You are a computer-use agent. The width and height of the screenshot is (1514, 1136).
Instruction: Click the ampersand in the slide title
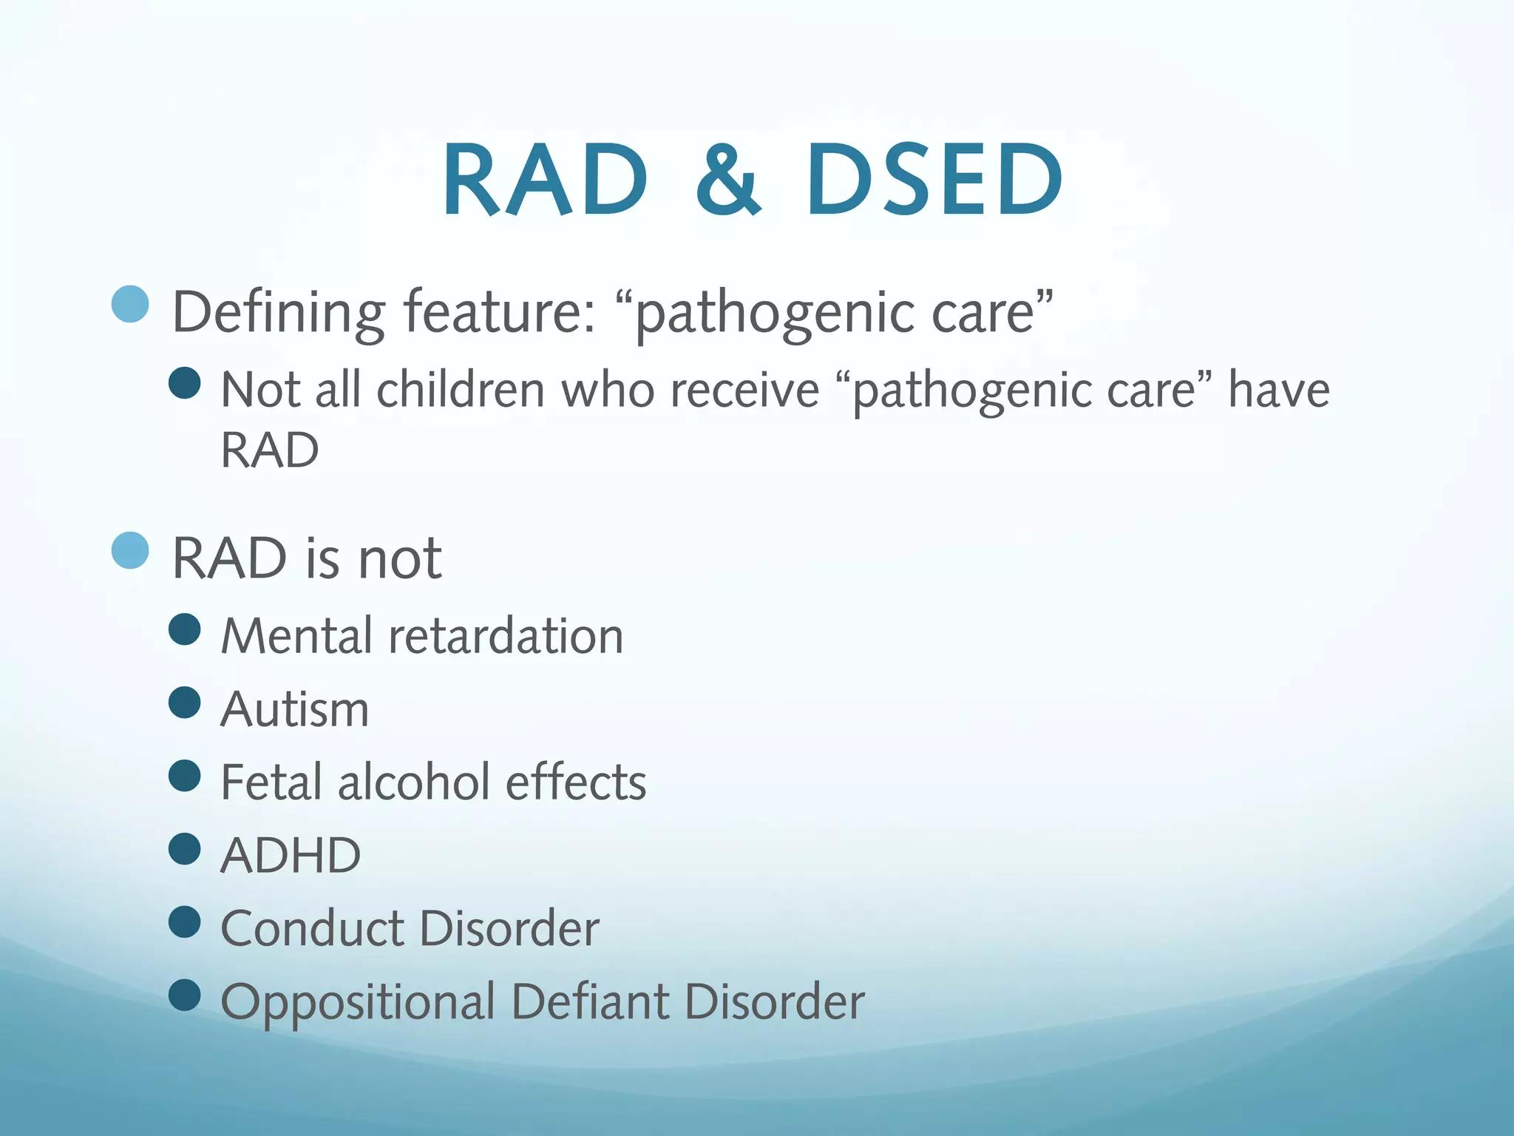(x=728, y=181)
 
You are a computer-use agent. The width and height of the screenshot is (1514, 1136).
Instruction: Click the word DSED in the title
(x=934, y=181)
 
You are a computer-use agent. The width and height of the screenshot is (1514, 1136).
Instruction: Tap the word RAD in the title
(x=546, y=181)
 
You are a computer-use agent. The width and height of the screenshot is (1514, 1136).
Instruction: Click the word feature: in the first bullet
(x=500, y=312)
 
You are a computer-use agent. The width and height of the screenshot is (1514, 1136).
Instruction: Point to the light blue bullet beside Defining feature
(x=131, y=303)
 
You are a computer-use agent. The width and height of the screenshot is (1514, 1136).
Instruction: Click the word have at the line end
(x=1278, y=390)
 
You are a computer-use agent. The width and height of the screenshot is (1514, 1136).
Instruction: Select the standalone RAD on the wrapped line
(x=270, y=450)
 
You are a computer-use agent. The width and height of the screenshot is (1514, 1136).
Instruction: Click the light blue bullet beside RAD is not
(x=131, y=550)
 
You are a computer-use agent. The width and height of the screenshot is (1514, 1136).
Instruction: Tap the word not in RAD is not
(x=400, y=558)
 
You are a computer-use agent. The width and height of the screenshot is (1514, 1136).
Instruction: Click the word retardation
(x=506, y=636)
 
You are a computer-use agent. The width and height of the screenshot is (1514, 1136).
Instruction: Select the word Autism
(x=295, y=709)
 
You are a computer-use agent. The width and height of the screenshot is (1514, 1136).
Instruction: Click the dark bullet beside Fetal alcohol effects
(x=185, y=776)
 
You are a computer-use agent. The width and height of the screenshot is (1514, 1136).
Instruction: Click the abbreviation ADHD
(x=291, y=856)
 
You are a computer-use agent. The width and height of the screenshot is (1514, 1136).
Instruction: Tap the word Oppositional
(x=358, y=1002)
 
